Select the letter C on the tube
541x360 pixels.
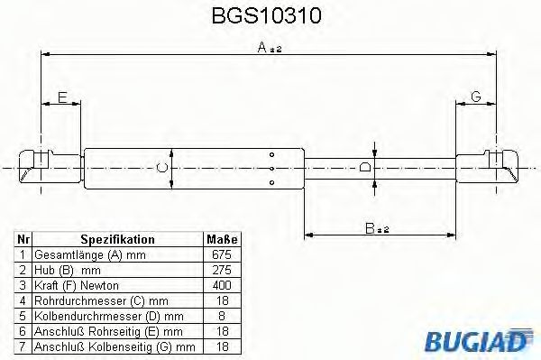click(x=161, y=166)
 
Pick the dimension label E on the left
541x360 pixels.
click(x=61, y=97)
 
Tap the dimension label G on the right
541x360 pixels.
click(x=475, y=97)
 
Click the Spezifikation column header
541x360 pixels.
click(x=118, y=240)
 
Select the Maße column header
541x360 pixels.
click(x=223, y=240)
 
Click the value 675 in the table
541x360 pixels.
click(x=223, y=255)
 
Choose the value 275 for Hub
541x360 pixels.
click(x=223, y=271)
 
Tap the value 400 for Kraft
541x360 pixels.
click(x=223, y=285)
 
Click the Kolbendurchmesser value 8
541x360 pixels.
click(x=223, y=316)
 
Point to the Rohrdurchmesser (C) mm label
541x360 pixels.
click(x=88, y=300)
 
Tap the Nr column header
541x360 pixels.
click(x=24, y=240)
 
